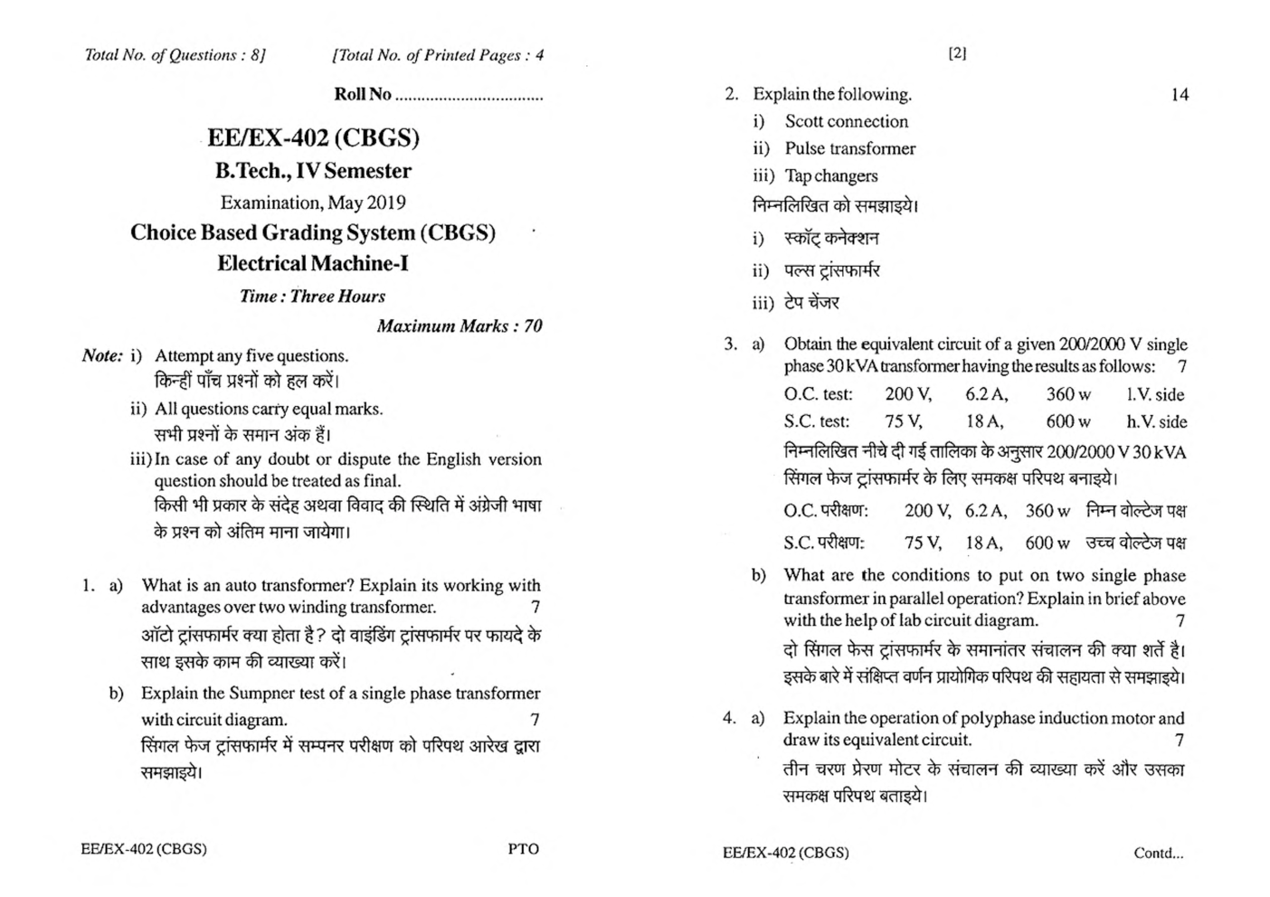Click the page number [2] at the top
coord(957,53)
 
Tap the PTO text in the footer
coord(523,849)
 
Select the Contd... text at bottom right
coord(1158,853)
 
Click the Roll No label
coord(363,94)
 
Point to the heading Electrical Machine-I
coord(313,263)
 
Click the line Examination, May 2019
coord(313,203)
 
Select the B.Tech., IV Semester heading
coord(313,171)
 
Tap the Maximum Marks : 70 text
coord(459,326)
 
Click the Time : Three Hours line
coord(312,296)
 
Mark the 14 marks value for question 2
coord(1179,94)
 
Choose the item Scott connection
coord(846,121)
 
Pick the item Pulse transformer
coord(849,148)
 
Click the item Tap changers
coord(830,175)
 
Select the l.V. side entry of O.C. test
coord(1155,394)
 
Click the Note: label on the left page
coord(102,355)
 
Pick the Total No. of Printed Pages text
coord(439,55)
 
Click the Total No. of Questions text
coord(175,55)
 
